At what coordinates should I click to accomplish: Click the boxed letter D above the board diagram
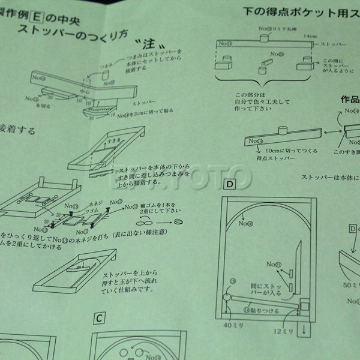point(229,182)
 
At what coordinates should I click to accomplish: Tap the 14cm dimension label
point(310,36)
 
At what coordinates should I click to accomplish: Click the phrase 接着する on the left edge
point(18,130)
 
